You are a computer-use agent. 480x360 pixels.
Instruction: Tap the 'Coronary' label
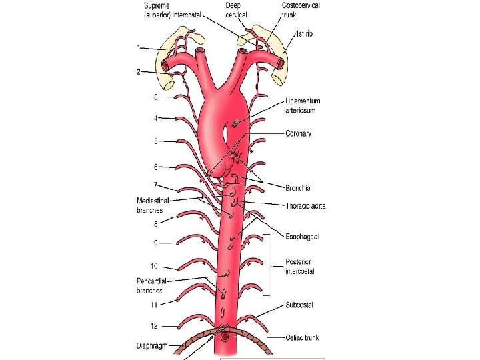pyautogui.click(x=298, y=134)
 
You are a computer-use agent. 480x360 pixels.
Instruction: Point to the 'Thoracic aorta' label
pyautogui.click(x=305, y=205)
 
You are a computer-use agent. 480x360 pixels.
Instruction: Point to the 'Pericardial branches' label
pyautogui.click(x=151, y=286)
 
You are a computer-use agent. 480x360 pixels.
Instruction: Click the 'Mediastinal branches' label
pyautogui.click(x=153, y=205)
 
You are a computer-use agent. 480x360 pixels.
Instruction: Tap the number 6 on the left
pyautogui.click(x=155, y=167)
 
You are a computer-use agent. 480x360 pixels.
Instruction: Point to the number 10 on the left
pyautogui.click(x=154, y=267)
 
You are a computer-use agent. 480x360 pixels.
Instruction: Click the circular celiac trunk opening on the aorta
pyautogui.click(x=225, y=338)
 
